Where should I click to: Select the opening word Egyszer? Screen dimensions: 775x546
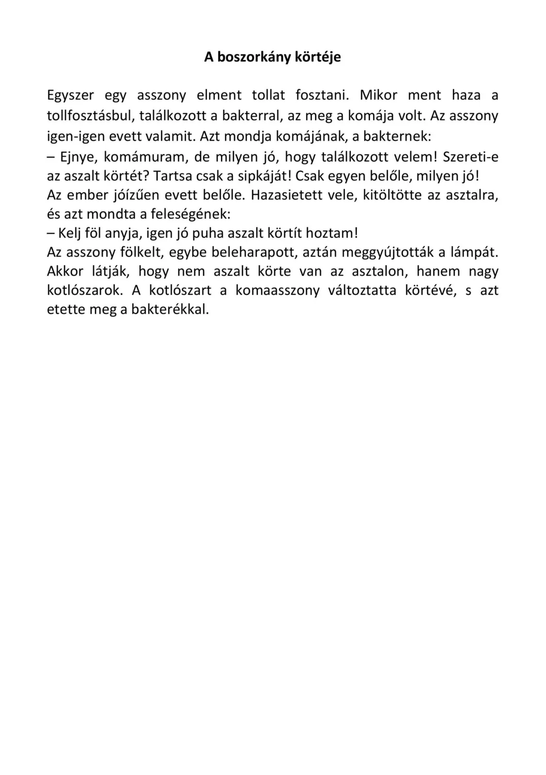(x=70, y=96)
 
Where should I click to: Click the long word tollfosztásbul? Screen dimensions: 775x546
(x=90, y=115)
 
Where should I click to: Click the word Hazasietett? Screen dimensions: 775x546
(x=283, y=195)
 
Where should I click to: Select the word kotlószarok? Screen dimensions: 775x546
(x=85, y=290)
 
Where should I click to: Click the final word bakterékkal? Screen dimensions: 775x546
(x=170, y=310)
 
